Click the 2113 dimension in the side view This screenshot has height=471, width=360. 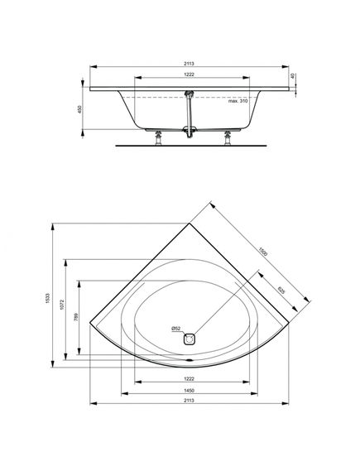[190, 64]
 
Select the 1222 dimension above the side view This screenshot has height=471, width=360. [190, 74]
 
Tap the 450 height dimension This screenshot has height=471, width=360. [79, 109]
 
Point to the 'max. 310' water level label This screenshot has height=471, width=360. [238, 101]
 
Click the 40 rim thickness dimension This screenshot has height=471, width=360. [293, 76]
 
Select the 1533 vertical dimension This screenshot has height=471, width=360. [48, 298]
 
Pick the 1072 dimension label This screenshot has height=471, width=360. [61, 305]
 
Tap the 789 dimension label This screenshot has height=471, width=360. [76, 317]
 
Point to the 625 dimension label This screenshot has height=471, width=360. [281, 291]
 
